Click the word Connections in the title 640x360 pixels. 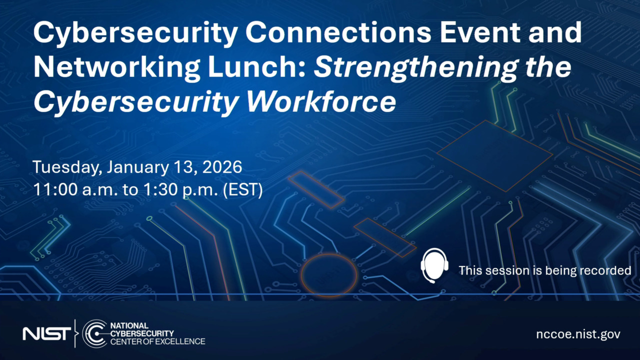click(338, 33)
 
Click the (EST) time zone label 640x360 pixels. click(242, 190)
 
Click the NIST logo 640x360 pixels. click(46, 333)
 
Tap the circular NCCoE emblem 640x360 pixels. click(94, 333)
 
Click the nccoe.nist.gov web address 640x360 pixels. click(578, 334)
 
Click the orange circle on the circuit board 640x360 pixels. click(329, 275)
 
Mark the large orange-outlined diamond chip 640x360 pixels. click(494, 155)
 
